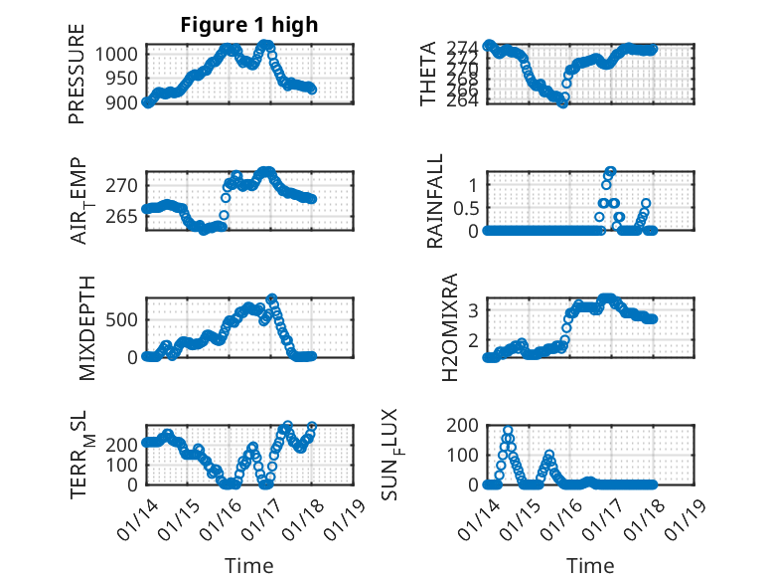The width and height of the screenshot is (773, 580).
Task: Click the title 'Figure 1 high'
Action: [x=248, y=25]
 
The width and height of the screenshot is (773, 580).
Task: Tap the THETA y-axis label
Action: [x=428, y=73]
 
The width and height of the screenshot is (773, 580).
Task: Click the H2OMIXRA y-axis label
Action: [x=449, y=326]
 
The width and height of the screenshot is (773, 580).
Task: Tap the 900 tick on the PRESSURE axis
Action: [x=127, y=101]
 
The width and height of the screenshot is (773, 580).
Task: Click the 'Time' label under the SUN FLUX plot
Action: [x=590, y=565]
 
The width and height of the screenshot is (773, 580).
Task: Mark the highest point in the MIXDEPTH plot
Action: [x=272, y=298]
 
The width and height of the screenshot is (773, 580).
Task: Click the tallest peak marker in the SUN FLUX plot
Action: [x=508, y=431]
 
